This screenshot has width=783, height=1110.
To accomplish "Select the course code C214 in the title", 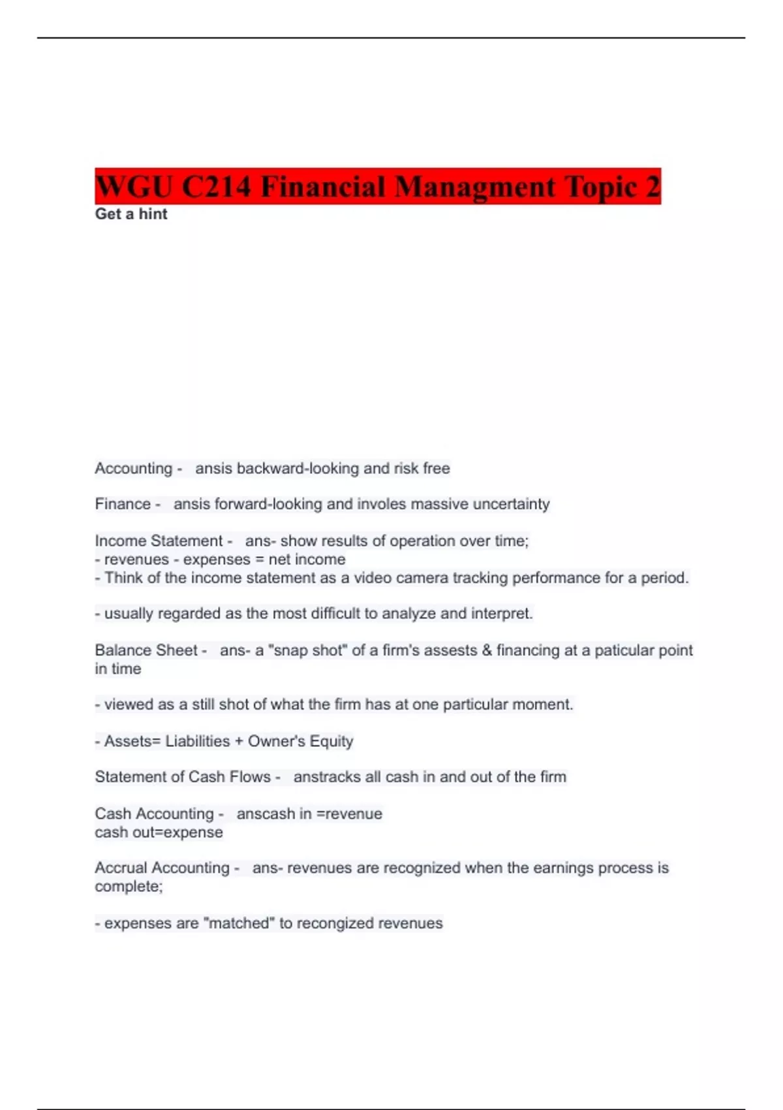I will tap(216, 187).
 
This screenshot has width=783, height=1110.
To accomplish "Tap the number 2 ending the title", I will tap(653, 187).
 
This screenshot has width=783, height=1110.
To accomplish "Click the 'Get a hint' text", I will tap(131, 214).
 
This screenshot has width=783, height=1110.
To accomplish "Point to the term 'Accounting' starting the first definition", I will tap(133, 469).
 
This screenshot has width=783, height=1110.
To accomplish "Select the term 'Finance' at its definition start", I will tap(123, 504).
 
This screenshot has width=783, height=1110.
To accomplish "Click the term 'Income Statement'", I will tap(159, 541).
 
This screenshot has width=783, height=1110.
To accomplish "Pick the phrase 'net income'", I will tap(307, 560).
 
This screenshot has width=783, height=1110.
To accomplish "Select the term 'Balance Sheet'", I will tap(146, 650).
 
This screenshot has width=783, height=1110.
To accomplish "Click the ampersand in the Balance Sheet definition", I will tap(486, 650).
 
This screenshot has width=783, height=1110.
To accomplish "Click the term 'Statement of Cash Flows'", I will tap(183, 777).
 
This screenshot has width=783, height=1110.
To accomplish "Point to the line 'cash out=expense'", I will tap(159, 832).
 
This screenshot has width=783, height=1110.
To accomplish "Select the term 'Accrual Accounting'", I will tap(162, 868).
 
